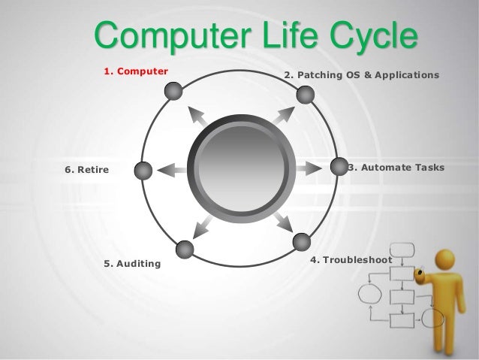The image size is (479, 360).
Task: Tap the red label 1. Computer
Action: point(136,72)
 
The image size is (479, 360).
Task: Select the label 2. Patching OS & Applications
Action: point(361,76)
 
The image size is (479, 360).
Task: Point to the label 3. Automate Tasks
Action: point(396,167)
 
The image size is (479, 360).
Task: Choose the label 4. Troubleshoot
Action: point(351,260)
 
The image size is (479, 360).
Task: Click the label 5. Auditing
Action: point(132,264)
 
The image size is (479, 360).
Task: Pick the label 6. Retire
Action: point(87,170)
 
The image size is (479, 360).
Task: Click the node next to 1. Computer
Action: point(173,92)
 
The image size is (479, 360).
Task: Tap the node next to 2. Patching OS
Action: point(305,95)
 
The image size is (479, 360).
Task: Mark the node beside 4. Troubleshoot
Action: point(301,242)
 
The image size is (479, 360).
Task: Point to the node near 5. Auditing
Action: point(184,250)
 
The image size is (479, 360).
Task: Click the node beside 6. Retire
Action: point(143,171)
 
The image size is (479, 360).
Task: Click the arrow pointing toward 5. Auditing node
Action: point(200,224)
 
